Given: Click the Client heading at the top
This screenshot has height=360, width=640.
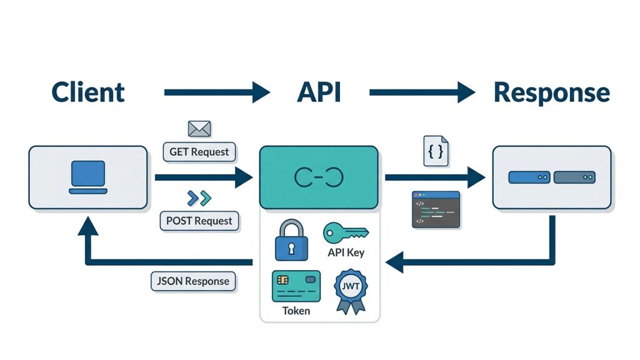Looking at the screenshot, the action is tap(87, 92).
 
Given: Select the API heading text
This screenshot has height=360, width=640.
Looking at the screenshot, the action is tap(319, 92).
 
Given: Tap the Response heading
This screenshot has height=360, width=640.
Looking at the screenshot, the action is tap(552, 92).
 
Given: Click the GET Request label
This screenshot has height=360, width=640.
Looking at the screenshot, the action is tap(199, 152).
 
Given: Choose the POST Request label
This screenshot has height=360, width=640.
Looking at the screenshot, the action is tap(199, 221).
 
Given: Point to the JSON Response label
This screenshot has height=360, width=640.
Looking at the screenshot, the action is tap(193, 281).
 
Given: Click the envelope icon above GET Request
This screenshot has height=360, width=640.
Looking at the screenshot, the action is tap(199, 129).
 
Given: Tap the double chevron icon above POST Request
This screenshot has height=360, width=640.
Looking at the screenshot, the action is tap(199, 198).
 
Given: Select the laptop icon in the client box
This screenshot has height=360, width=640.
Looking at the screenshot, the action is tap(88, 177).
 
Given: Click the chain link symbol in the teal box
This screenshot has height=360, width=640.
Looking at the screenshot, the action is tap(319, 177).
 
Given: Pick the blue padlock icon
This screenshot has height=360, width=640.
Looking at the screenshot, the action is tap(291, 240).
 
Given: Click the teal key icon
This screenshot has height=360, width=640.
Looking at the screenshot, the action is tap(346, 233).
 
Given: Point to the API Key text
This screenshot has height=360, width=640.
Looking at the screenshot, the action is tap(346, 252).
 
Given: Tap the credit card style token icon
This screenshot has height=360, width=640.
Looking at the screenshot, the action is tap(296, 286).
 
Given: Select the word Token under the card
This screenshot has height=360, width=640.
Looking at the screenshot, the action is tap(296, 311).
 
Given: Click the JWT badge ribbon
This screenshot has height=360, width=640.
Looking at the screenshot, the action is tap(351, 291).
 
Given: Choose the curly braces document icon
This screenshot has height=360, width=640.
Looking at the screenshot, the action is tap(436, 151).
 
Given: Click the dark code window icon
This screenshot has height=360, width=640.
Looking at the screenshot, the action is tap(436, 209).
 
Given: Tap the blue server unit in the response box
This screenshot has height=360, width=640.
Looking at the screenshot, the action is tap(529, 177).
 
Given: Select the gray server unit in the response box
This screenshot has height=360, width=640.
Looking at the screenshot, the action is tap(574, 177).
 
